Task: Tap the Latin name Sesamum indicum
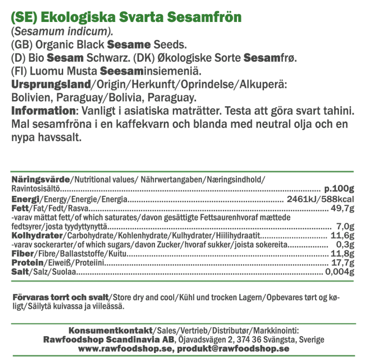pyautogui.click(x=61, y=32)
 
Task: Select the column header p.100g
pyautogui.click(x=339, y=189)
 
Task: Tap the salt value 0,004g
pyautogui.click(x=340, y=272)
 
